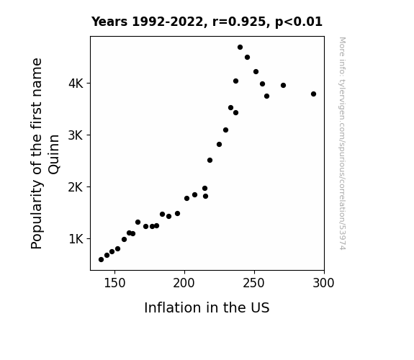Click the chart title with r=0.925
[x=207, y=22]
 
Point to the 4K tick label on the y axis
[x=76, y=84]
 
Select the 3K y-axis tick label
[x=76, y=135]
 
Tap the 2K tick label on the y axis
[x=76, y=187]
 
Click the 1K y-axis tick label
[x=76, y=239]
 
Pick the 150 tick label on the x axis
[x=114, y=283]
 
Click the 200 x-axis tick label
[x=184, y=283]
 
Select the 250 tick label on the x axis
[x=254, y=283]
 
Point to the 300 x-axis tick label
[x=324, y=283]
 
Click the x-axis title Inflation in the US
[x=207, y=307]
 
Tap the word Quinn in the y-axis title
[x=54, y=154]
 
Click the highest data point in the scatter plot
[x=240, y=48]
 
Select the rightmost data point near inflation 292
[x=313, y=94]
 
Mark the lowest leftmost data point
[x=101, y=260]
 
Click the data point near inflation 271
[x=283, y=85]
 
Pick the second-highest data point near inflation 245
[x=248, y=58]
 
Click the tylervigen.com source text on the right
[x=342, y=143]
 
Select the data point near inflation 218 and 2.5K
[x=210, y=161]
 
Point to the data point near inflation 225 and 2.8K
[x=219, y=145]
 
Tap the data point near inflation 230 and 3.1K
[x=226, y=130]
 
